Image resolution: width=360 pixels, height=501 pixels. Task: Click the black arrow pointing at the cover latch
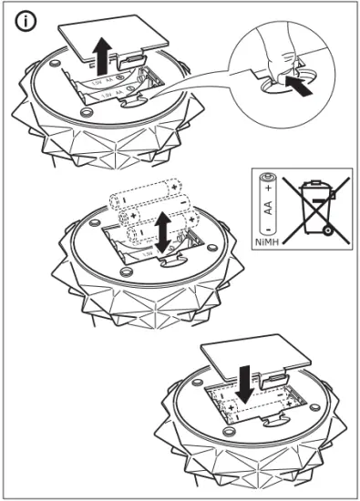(303, 88)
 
